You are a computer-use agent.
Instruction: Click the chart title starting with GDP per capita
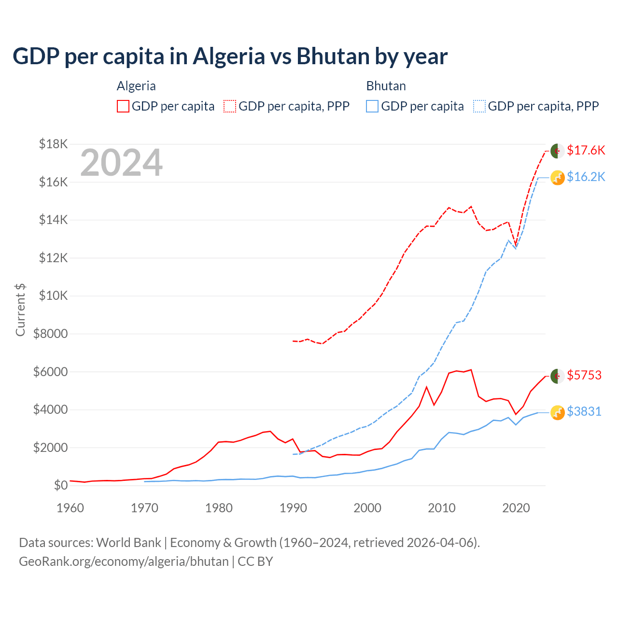(230, 56)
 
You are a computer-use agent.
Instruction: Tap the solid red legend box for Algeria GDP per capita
(123, 106)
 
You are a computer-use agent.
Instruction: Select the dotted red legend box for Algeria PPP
(230, 106)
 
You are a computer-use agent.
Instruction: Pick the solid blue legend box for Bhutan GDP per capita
(372, 106)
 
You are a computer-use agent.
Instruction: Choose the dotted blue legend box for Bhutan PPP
(479, 106)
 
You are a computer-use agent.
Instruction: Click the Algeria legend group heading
(136, 86)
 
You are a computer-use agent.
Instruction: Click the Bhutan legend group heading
(386, 86)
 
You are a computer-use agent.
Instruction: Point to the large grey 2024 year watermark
(121, 163)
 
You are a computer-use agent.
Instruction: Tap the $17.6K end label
(586, 150)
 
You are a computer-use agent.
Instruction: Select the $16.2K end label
(586, 177)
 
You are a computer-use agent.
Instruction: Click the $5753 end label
(584, 375)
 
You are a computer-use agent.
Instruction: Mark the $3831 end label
(584, 411)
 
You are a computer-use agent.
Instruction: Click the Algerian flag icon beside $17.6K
(558, 151)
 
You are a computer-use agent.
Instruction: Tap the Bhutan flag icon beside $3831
(558, 412)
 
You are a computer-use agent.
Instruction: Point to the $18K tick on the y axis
(54, 144)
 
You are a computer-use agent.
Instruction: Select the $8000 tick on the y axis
(50, 334)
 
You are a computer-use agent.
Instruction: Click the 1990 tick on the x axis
(293, 508)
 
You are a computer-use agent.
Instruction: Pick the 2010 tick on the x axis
(442, 508)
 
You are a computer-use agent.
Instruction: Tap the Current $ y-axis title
(20, 309)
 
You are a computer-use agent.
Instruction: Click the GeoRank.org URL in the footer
(124, 562)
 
